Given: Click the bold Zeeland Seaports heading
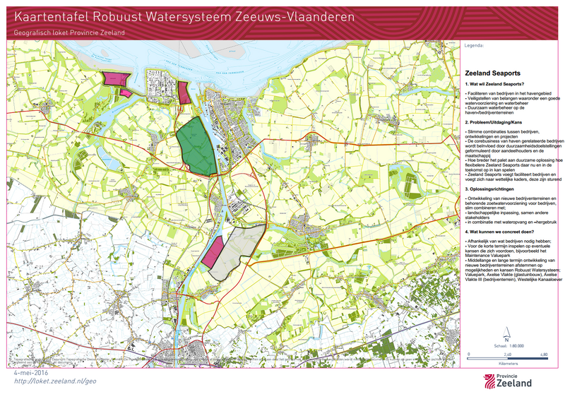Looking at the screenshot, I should (492, 73).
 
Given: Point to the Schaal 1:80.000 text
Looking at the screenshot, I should (508, 346).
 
